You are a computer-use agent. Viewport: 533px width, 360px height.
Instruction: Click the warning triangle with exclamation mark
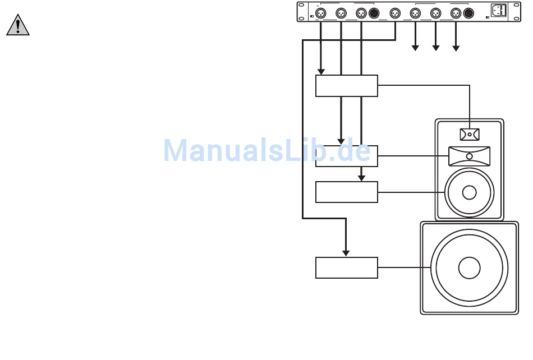coord(18,26)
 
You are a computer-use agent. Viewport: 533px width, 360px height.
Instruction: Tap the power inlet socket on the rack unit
coord(499,11)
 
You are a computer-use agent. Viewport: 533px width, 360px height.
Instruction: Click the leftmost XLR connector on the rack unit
coord(321,13)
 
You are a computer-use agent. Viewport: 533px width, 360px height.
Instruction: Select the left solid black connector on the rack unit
coord(374,13)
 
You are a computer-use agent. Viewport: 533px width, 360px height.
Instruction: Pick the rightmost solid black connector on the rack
coord(468,13)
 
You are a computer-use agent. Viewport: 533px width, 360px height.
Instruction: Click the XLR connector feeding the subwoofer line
coord(395,13)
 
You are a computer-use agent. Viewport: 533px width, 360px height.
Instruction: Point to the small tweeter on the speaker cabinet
coord(470,135)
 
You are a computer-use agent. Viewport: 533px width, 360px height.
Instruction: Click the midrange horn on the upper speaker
coord(470,155)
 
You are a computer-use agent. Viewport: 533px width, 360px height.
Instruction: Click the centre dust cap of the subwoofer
coord(469,267)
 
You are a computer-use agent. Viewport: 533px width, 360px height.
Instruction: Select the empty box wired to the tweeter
coord(346,86)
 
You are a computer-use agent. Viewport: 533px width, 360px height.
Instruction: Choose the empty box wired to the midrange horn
coord(346,156)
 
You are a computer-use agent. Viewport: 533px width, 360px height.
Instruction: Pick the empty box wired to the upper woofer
coord(346,192)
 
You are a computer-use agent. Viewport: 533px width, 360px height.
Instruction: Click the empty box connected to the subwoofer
coord(346,267)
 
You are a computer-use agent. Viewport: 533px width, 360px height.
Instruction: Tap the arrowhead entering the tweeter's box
coord(321,71)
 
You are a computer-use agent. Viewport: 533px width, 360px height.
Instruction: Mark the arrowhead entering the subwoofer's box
coord(346,253)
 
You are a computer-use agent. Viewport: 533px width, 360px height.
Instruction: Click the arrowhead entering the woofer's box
coord(362,177)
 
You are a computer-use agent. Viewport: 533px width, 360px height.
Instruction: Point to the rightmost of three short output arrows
coord(456,48)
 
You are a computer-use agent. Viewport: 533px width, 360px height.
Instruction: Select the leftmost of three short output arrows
coord(415,48)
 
